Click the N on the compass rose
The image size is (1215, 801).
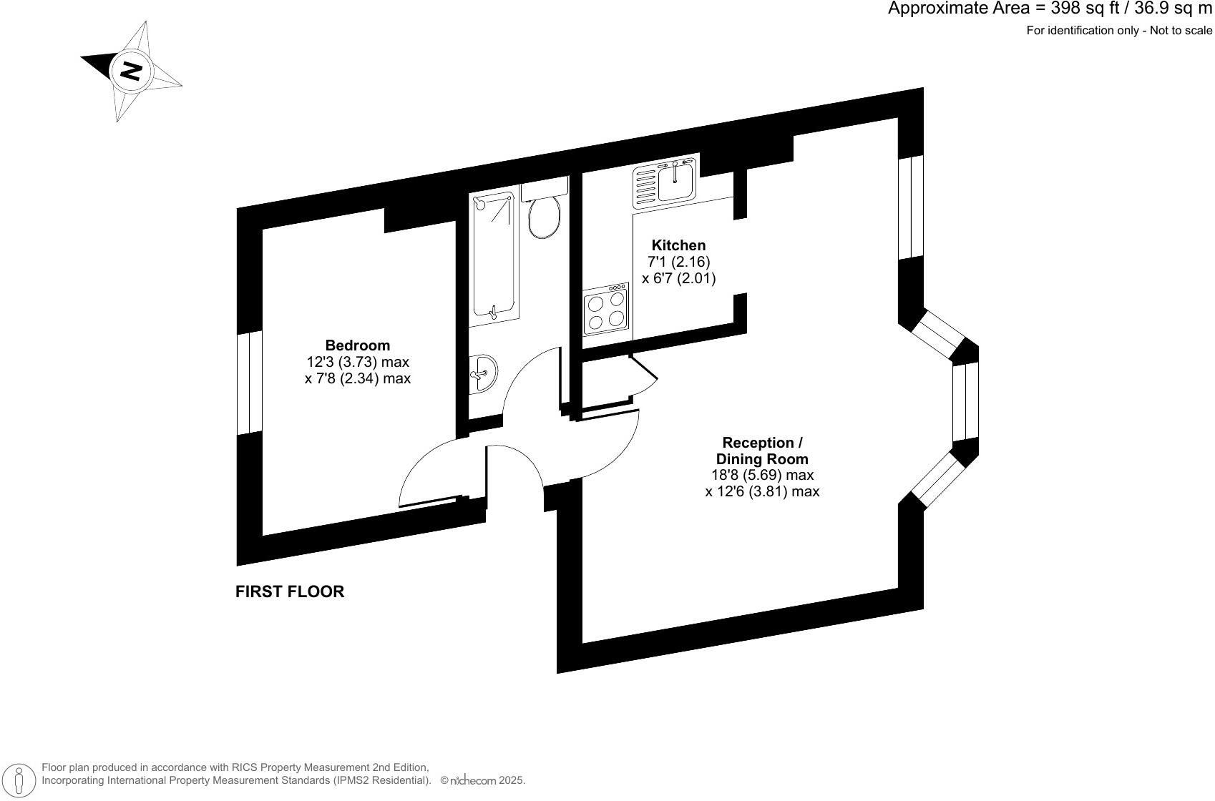[x=131, y=70]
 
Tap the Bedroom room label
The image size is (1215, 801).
[x=358, y=345]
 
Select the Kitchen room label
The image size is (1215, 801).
[x=678, y=245]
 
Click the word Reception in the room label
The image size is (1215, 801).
[x=757, y=443]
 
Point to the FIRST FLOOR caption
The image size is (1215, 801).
[x=290, y=591]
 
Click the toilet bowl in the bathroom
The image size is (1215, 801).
[x=545, y=217]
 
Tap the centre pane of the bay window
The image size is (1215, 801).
[x=965, y=401]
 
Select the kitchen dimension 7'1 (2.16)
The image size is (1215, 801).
[x=678, y=262]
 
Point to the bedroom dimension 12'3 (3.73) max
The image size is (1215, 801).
[x=358, y=362]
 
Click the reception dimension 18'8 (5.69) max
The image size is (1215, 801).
[x=762, y=475]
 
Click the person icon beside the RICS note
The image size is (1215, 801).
[x=21, y=780]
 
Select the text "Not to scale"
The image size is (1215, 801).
[x=1181, y=31]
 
